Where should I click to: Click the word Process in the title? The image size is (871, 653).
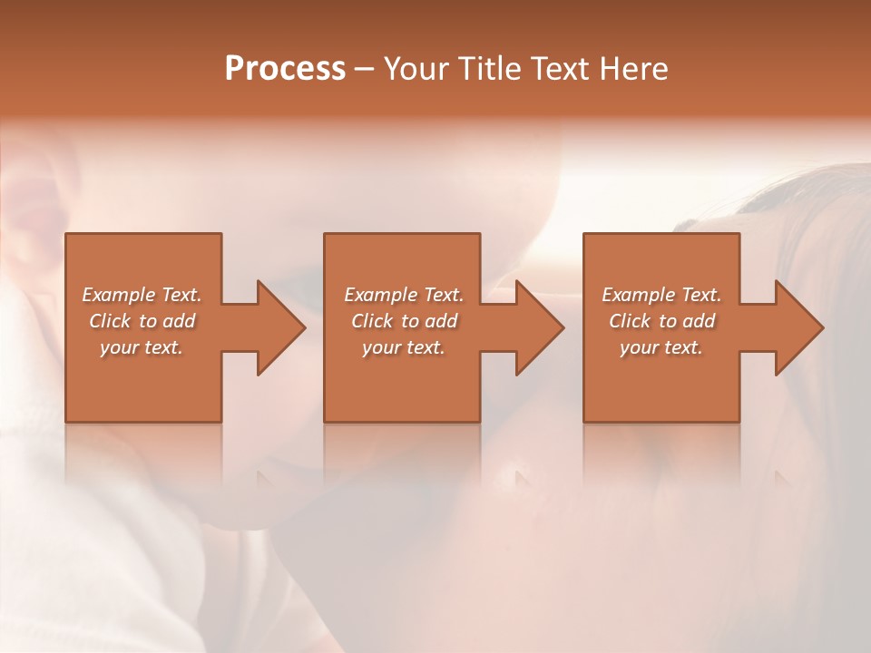[x=285, y=69]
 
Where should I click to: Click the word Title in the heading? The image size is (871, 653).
[x=491, y=69]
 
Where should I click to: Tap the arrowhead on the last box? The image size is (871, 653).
[x=798, y=327]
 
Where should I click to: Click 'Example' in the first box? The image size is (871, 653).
[x=119, y=295]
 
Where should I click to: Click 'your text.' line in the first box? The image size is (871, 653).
[x=142, y=347]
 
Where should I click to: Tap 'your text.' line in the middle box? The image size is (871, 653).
[x=403, y=347]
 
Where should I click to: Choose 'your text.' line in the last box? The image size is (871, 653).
[x=661, y=347]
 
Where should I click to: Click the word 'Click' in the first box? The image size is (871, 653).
[x=110, y=321]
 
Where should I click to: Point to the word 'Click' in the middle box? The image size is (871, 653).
[x=372, y=321]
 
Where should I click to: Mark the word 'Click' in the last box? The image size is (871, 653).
[x=630, y=321]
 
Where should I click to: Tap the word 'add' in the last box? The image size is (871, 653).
[x=699, y=321]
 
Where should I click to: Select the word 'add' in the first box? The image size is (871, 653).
[x=179, y=321]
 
